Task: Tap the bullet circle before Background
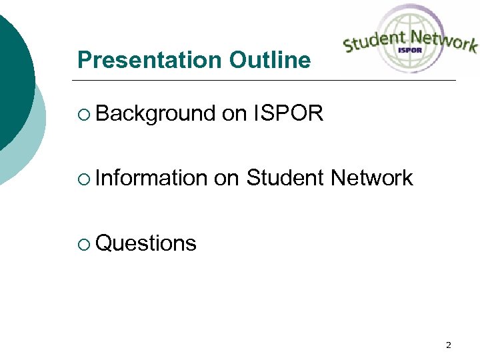(82, 115)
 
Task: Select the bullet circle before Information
(82, 179)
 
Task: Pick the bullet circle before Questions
(82, 244)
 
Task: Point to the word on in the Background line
(234, 114)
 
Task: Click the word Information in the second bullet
(151, 178)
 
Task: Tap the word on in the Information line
(227, 178)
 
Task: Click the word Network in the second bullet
(371, 178)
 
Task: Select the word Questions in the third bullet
(146, 243)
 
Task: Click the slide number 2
(448, 345)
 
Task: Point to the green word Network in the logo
(443, 41)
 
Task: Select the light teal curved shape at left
(30, 153)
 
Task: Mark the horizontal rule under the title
(267, 81)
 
